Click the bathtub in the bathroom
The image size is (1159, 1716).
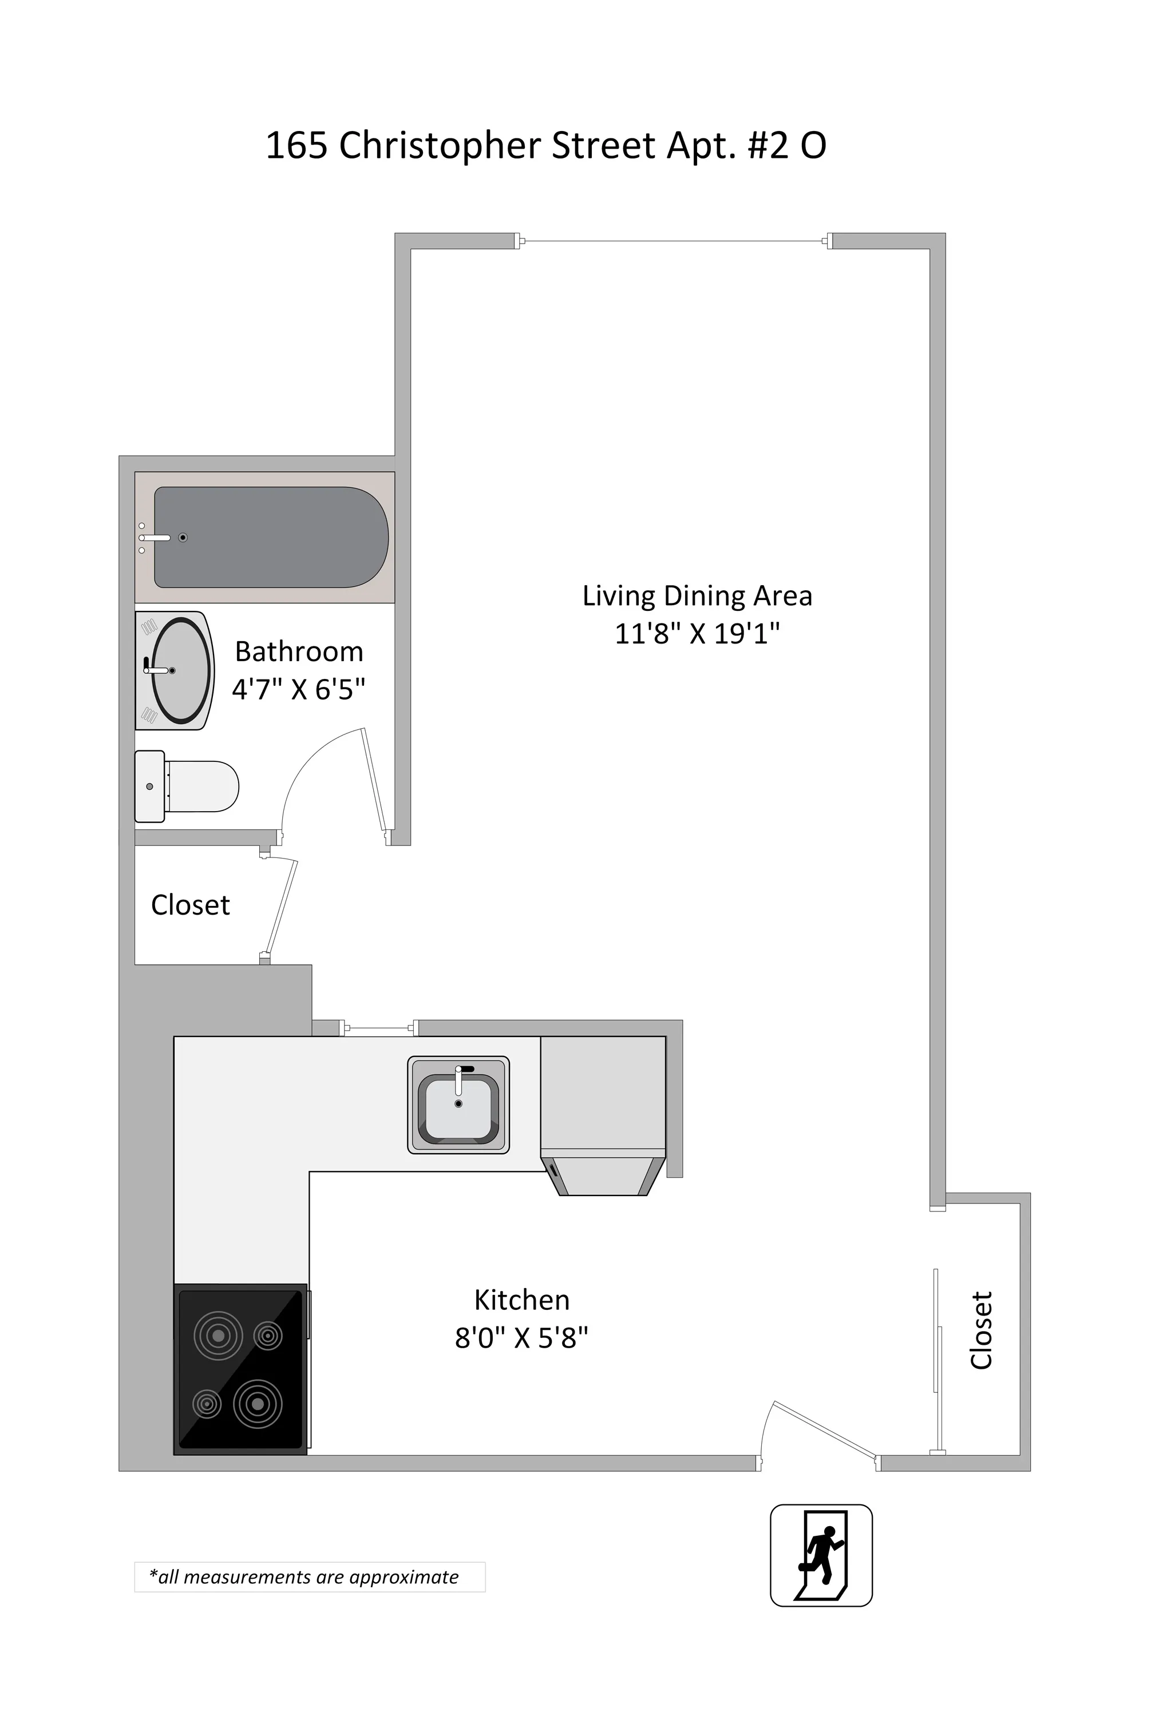tap(270, 537)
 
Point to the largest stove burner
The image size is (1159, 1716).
tap(257, 1404)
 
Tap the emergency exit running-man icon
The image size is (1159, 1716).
tap(821, 1555)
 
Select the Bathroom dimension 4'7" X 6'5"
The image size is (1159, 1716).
tap(298, 689)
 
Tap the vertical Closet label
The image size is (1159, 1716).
tap(980, 1330)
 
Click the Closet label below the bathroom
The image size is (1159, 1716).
tap(190, 904)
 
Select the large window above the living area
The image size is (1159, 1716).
tap(674, 241)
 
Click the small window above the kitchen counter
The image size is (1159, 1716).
tap(379, 1027)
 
